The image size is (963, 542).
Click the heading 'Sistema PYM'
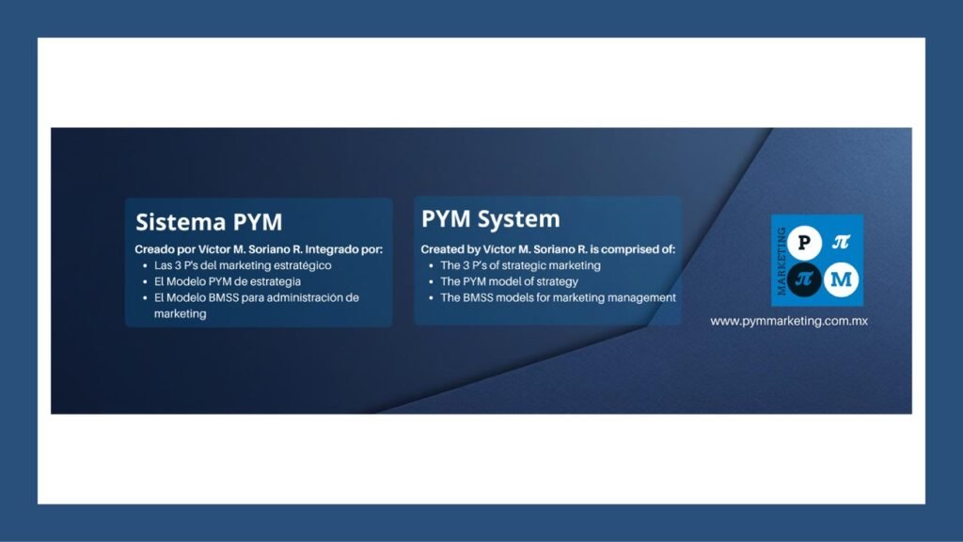[209, 222]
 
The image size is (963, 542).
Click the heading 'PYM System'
[491, 219]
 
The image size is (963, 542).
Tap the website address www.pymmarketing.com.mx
[789, 321]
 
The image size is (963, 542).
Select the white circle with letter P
[804, 243]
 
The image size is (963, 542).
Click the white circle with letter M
[841, 279]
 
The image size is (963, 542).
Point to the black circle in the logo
[804, 279]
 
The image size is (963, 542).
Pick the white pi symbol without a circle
[841, 242]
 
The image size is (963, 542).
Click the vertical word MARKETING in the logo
[781, 262]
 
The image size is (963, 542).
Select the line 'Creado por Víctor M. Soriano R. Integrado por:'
[259, 249]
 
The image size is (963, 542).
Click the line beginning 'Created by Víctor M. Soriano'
[548, 249]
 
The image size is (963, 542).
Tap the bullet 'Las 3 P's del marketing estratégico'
[243, 265]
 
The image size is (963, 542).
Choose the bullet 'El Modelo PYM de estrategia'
[228, 281]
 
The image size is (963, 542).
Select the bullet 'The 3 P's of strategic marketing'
[520, 265]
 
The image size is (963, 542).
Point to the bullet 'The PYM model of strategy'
[509, 281]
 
